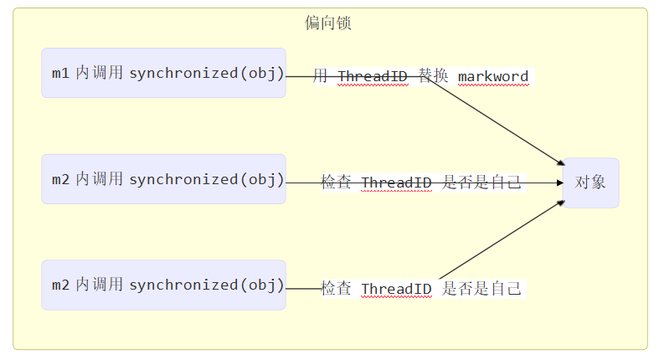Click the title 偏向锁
328,23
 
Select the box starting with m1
163,73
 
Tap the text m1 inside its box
60,74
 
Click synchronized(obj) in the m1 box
207,73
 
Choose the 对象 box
590,183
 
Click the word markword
493,77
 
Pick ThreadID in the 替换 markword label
373,77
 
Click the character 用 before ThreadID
321,76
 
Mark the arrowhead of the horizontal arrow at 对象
559,183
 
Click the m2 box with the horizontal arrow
163,179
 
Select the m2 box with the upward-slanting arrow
163,285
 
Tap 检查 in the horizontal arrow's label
337,183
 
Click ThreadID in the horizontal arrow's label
396,183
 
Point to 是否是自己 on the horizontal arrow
481,183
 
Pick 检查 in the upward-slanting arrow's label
337,289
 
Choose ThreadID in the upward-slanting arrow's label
396,290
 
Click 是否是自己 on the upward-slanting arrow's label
481,289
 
